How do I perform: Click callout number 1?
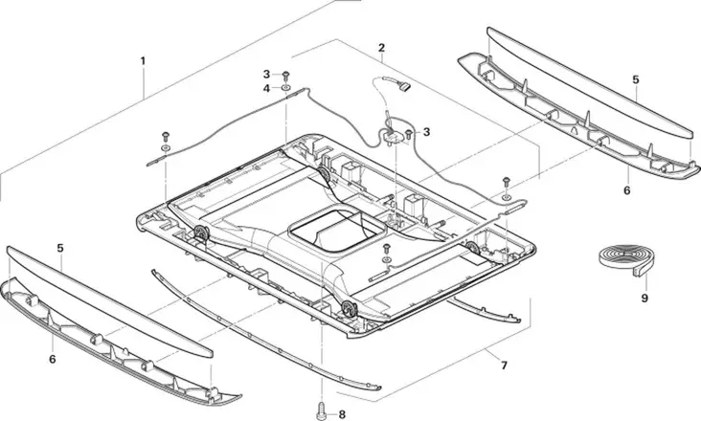tap(143, 60)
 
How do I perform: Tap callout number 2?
tap(381, 48)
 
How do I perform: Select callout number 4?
tap(267, 88)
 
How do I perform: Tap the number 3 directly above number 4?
tap(267, 74)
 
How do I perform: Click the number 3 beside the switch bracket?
tap(426, 131)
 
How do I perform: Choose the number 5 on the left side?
tap(59, 248)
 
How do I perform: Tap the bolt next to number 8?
tap(319, 412)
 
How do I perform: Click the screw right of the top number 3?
tap(285, 73)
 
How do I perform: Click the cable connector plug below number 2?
tap(401, 89)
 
